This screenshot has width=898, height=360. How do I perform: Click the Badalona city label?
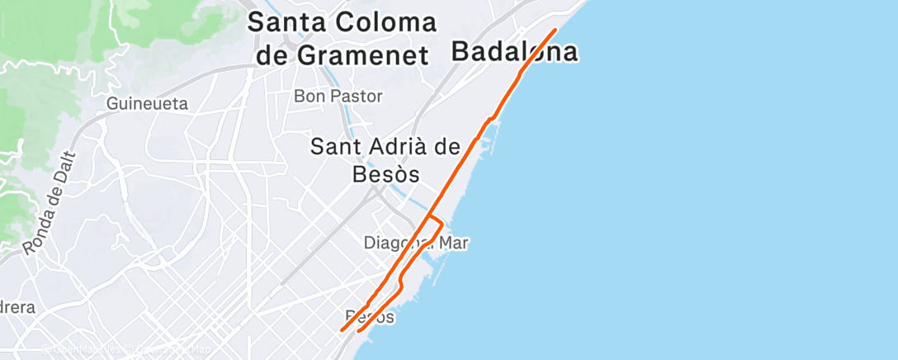pos(514,53)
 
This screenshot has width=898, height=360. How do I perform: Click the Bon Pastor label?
pos(338,97)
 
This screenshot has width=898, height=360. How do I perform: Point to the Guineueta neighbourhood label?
pos(148,104)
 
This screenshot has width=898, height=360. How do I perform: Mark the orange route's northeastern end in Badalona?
pos(555,30)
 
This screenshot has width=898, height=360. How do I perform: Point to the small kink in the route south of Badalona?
pos(491,120)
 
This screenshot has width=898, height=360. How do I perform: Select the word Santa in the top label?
pos(286,22)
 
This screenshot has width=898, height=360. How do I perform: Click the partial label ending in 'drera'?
pos(17,307)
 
